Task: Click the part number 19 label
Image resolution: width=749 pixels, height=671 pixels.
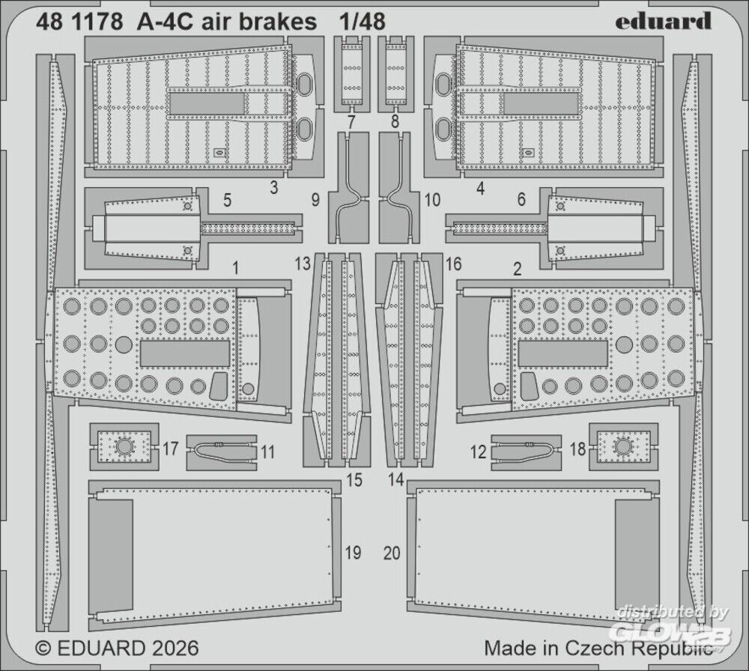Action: (353, 553)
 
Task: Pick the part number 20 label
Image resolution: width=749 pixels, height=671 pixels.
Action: (392, 553)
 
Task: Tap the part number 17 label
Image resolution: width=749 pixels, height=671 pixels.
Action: (170, 449)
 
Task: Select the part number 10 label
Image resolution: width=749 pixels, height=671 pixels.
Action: (432, 200)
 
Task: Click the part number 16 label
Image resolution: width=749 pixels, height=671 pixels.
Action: (453, 264)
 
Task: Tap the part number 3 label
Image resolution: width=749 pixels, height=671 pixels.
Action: (274, 188)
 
